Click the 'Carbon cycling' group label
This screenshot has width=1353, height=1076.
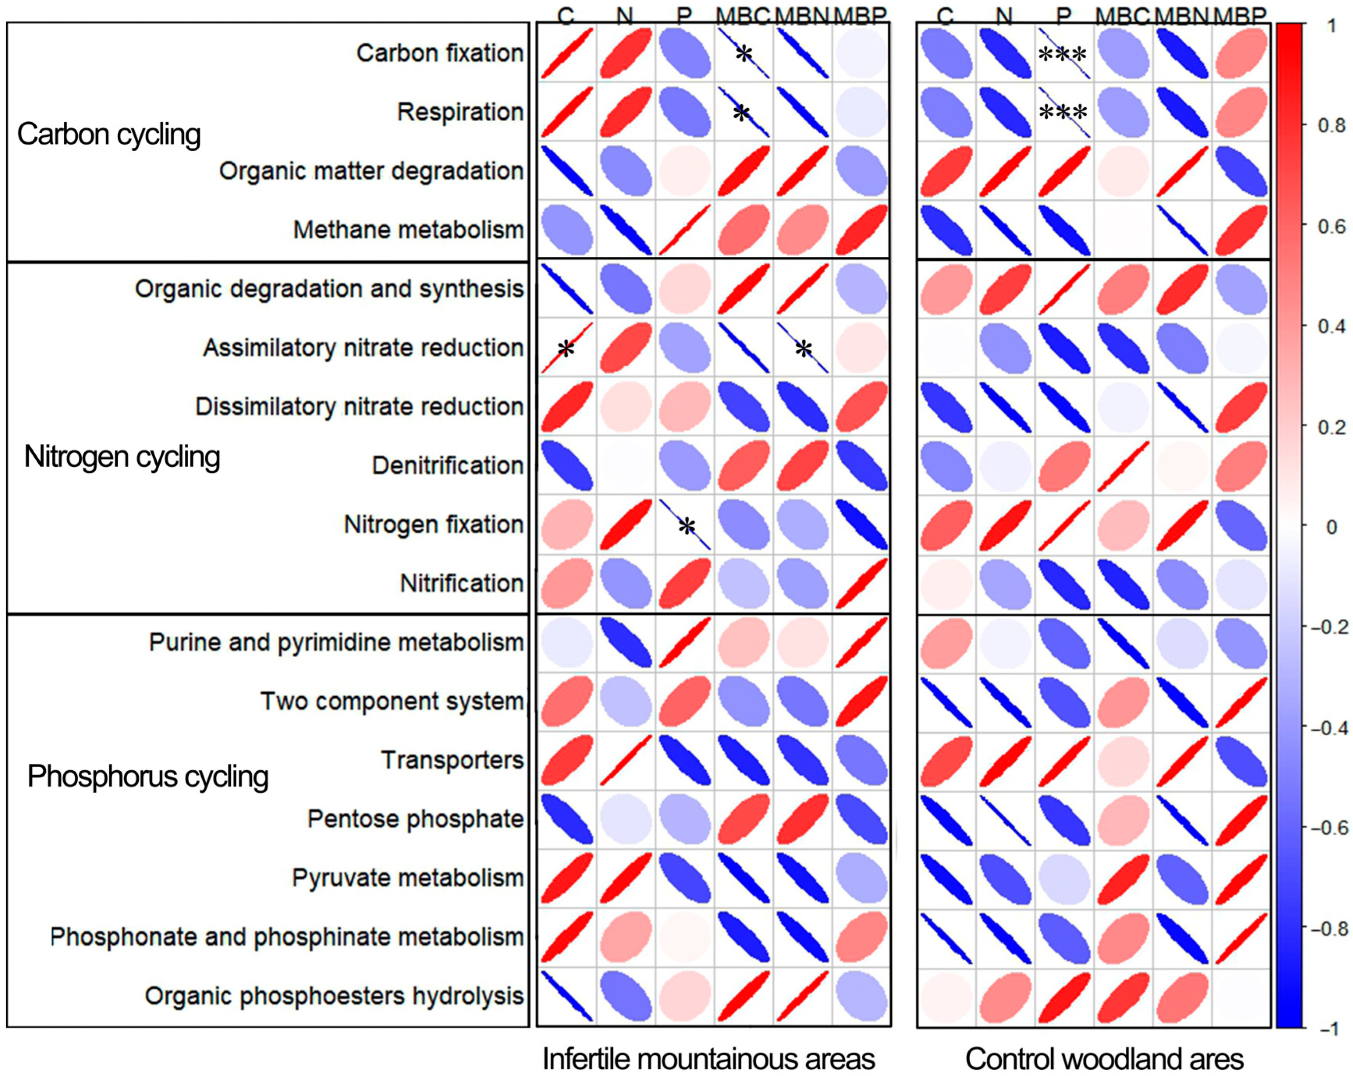tap(109, 134)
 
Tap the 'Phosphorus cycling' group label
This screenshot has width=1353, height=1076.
tap(148, 777)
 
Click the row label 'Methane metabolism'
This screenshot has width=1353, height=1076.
tap(408, 230)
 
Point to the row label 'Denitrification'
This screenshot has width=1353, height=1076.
tap(447, 466)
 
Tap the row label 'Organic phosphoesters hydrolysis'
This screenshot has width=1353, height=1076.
tap(334, 996)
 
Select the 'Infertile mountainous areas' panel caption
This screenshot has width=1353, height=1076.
tap(709, 1059)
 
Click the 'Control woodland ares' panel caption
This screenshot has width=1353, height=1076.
tap(1104, 1059)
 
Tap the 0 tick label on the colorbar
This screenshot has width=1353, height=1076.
tap(1332, 527)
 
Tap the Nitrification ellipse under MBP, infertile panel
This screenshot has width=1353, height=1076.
tap(861, 583)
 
